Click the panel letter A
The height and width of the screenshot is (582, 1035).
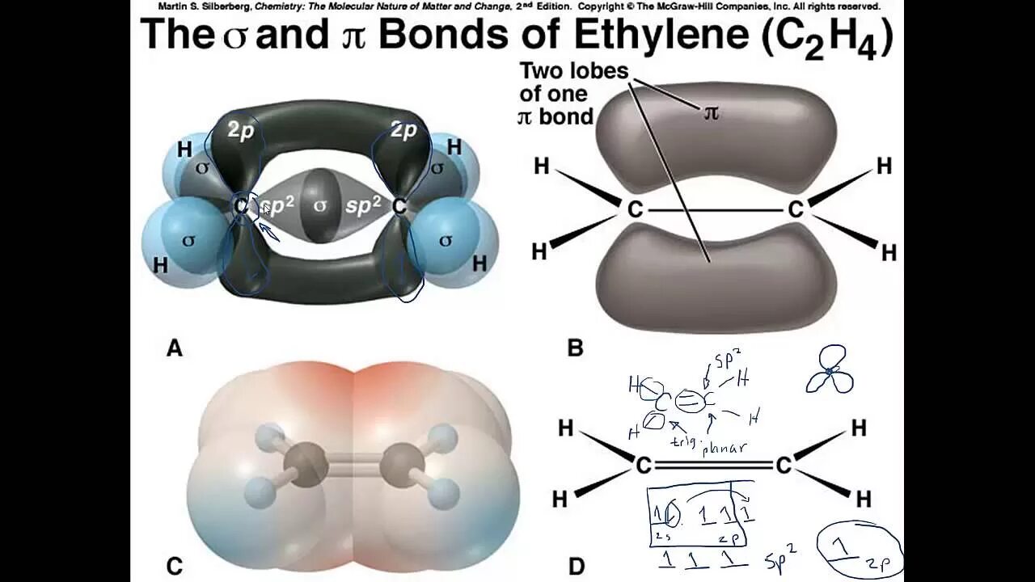[x=174, y=348]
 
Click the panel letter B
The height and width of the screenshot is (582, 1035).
[x=575, y=348]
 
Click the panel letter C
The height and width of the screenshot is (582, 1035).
[x=174, y=567]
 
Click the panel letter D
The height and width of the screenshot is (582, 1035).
[x=576, y=567]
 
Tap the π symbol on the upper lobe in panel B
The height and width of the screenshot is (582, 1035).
[x=711, y=112]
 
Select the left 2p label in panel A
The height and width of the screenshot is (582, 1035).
[x=241, y=131]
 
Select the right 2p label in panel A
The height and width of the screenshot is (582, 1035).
[x=403, y=129]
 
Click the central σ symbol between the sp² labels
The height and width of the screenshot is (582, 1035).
[x=320, y=205]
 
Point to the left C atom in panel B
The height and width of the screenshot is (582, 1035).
[x=635, y=210]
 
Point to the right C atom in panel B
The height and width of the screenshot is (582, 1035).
[x=796, y=210]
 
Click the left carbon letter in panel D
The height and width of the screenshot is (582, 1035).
[x=644, y=466]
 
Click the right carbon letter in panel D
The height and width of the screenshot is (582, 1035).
[x=783, y=466]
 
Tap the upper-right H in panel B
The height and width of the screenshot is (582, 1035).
[x=884, y=167]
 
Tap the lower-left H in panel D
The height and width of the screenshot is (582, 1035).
[x=560, y=500]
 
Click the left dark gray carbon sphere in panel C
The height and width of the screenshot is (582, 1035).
[x=307, y=466]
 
